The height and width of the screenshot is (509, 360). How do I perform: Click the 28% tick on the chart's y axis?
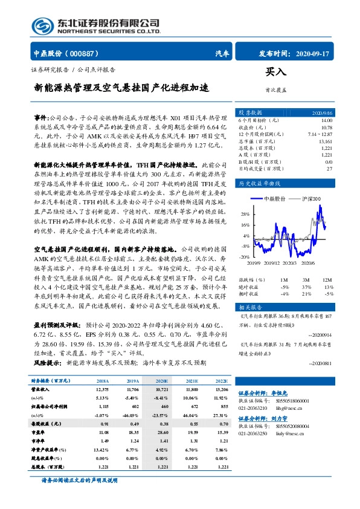coord(245,214)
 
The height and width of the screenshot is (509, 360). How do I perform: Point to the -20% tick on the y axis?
coord(245,257)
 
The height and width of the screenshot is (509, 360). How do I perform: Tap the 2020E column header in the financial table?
coord(162,381)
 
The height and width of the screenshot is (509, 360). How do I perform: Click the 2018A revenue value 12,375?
coord(101,391)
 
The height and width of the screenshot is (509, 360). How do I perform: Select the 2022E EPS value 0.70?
coord(223,424)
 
